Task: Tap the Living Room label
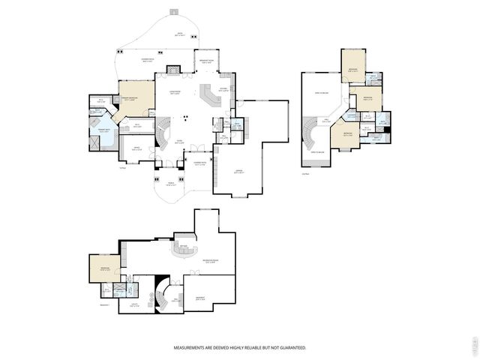(174, 93)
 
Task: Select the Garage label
(238, 172)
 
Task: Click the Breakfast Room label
(206, 62)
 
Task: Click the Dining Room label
(199, 163)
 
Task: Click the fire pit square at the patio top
(175, 12)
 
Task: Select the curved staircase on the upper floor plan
(310, 138)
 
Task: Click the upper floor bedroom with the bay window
(346, 136)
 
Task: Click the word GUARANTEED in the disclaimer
(289, 348)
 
